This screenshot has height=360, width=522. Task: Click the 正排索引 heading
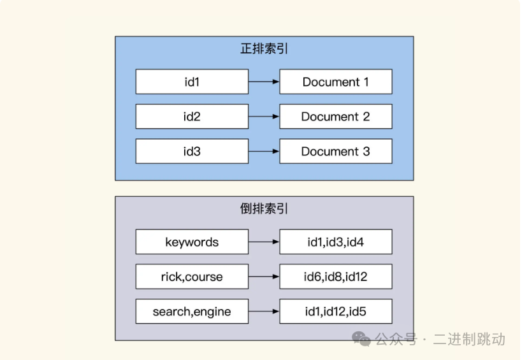tap(264, 48)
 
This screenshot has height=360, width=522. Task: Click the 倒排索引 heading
tap(264, 208)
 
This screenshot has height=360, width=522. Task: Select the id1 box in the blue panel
tap(192, 82)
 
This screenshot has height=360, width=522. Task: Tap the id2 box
tap(192, 117)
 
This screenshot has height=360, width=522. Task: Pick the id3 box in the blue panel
tap(192, 152)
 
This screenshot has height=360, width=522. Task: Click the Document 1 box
tap(336, 82)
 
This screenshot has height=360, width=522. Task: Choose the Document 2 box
tap(336, 117)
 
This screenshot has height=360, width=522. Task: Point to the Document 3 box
tap(336, 152)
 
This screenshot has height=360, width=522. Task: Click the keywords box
tap(192, 242)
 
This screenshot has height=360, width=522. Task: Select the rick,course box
tap(192, 277)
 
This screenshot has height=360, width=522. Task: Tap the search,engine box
tap(192, 312)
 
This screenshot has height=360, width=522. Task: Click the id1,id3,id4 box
tap(336, 242)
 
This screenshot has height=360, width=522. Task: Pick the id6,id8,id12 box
tap(336, 277)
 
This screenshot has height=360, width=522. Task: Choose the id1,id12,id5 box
tap(336, 312)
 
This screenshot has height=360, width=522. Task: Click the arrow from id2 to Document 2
tap(264, 117)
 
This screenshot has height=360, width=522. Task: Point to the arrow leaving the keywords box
tap(264, 242)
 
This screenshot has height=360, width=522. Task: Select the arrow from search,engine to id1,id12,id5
tap(264, 312)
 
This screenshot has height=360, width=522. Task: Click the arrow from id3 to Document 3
tap(264, 152)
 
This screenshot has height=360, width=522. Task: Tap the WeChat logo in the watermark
tap(363, 339)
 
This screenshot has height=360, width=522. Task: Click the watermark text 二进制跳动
tap(470, 339)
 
